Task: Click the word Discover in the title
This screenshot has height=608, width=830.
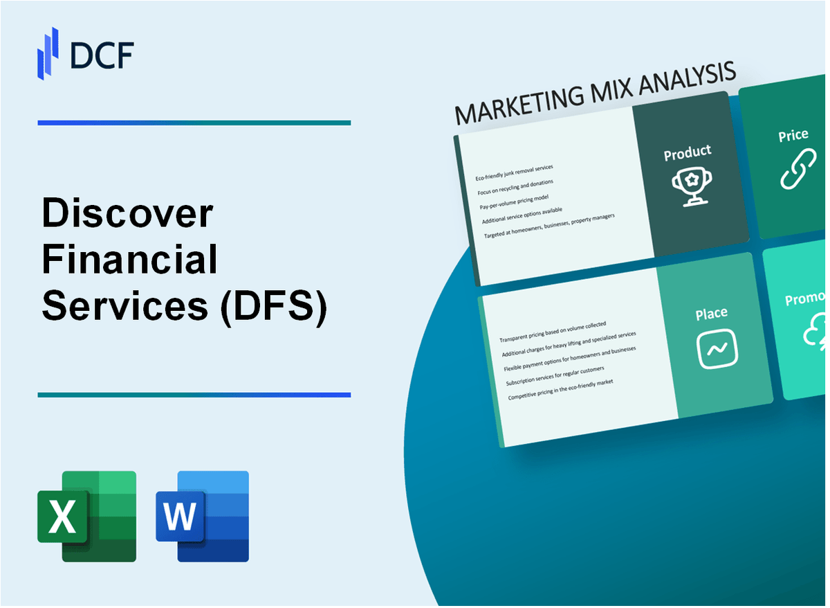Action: pos(127,214)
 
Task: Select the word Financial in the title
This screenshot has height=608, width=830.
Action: pos(130,260)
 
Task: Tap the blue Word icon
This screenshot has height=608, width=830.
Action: pos(203,516)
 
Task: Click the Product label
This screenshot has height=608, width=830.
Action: pos(687,153)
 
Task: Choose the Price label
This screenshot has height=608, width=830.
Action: pos(793,136)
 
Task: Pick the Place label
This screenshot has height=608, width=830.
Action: pos(711,314)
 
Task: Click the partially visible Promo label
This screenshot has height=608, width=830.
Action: pos(806,299)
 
